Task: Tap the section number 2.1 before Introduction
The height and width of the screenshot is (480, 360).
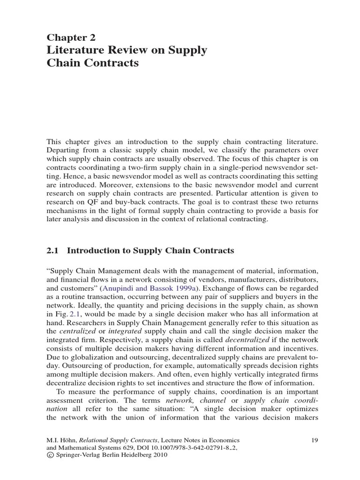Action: click(x=52, y=251)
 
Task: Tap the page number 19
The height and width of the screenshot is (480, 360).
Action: click(x=315, y=440)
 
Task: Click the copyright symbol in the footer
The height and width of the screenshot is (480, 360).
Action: click(x=50, y=455)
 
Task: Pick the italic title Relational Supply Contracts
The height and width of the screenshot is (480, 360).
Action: click(x=118, y=440)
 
